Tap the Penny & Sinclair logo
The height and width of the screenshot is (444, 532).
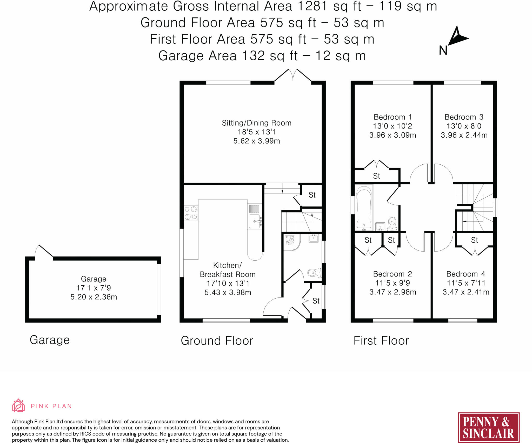(488, 427)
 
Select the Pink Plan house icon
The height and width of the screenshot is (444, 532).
(18, 406)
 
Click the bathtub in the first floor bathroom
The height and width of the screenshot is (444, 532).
(364, 208)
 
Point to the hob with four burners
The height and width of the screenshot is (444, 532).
(191, 213)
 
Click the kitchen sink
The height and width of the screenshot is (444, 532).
(255, 221)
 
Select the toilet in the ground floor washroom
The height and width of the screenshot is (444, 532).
(315, 273)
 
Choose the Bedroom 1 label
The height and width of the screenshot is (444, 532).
(393, 117)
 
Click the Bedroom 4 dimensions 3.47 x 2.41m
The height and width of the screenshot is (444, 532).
(466, 292)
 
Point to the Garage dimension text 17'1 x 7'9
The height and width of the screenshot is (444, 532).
(94, 288)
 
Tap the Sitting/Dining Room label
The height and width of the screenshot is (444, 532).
(256, 123)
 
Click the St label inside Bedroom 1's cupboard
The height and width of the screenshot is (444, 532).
(376, 176)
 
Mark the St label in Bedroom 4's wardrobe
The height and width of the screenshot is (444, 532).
(474, 240)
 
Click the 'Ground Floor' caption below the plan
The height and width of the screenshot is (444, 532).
(217, 341)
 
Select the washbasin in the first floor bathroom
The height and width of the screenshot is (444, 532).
(380, 226)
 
